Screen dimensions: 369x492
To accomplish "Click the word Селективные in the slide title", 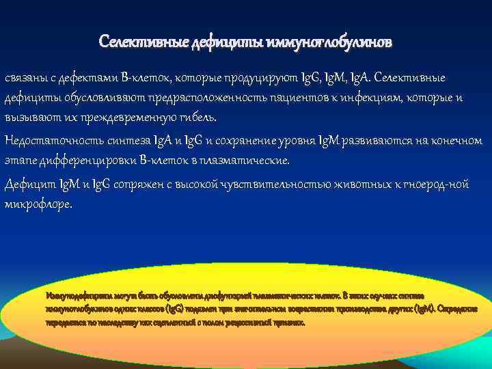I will pos(135,42).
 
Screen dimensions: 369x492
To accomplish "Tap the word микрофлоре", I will pos(37,204).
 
